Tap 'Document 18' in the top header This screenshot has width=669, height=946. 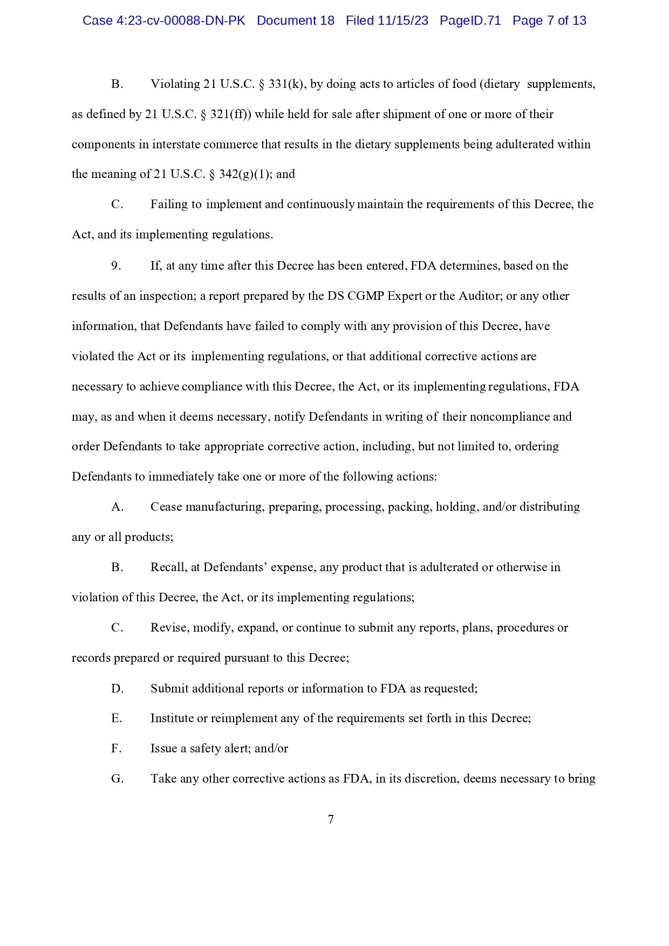[x=295, y=21]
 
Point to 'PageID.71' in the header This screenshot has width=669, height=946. [x=470, y=21]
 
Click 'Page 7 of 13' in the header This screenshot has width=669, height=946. [x=549, y=21]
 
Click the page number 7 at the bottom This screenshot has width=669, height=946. [x=331, y=820]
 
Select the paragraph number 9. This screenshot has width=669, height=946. [x=116, y=266]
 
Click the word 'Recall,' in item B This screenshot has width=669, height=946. [x=168, y=567]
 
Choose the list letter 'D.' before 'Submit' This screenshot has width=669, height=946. [x=117, y=689]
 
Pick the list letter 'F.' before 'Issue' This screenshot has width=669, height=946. [x=117, y=749]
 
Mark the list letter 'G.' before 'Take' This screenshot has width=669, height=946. [x=117, y=779]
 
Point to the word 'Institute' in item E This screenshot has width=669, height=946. [x=172, y=718]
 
